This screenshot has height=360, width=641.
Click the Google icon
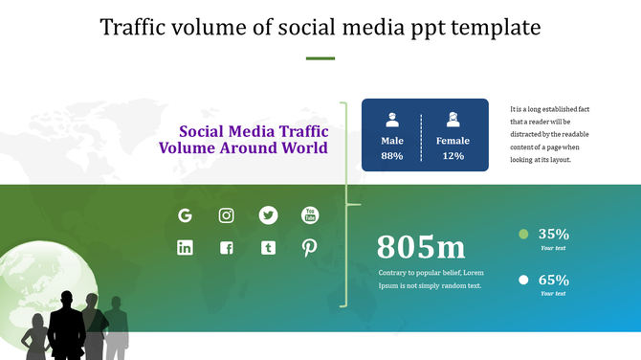(186, 215)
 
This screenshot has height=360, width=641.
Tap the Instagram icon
(227, 215)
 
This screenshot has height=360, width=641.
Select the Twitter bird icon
(268, 215)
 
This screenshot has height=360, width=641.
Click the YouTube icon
(310, 215)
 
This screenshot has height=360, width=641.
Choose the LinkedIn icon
(186, 248)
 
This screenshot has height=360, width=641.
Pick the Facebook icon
(227, 248)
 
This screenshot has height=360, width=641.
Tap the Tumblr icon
(268, 248)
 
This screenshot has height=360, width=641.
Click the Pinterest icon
(310, 248)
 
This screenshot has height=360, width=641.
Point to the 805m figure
(421, 247)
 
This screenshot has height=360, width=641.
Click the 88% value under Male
(392, 156)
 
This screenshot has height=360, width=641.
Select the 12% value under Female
(453, 156)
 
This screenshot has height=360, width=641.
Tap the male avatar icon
(392, 120)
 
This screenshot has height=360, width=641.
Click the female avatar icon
(453, 120)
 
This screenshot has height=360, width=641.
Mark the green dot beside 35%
(523, 234)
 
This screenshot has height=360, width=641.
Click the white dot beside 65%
(523, 280)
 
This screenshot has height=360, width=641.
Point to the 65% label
(554, 280)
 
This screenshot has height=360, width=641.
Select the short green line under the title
(320, 58)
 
